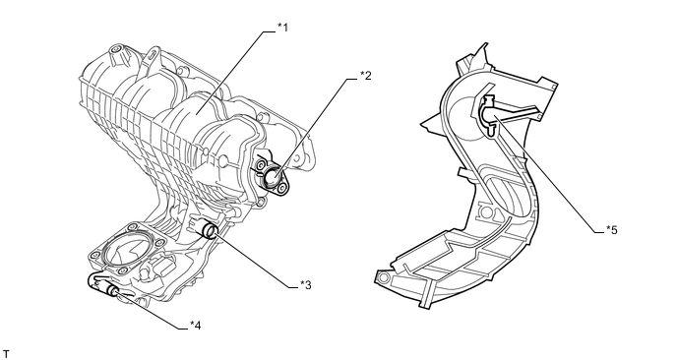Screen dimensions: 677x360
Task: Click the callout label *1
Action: pyautogui.click(x=282, y=28)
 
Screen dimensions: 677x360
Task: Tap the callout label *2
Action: pyautogui.click(x=366, y=76)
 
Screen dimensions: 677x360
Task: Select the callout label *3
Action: pyautogui.click(x=306, y=285)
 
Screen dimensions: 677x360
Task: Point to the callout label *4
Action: pyautogui.click(x=195, y=326)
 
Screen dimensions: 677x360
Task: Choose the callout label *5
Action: pyautogui.click(x=612, y=230)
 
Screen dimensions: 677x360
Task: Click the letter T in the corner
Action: pyautogui.click(x=6, y=354)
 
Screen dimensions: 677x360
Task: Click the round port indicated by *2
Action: pyautogui.click(x=274, y=176)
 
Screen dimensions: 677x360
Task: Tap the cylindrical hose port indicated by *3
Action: pyautogui.click(x=209, y=229)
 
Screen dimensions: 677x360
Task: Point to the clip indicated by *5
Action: pyautogui.click(x=488, y=114)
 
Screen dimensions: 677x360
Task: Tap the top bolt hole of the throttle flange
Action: pyautogui.click(x=131, y=228)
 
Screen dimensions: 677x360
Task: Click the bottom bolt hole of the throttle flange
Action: pyautogui.click(x=123, y=271)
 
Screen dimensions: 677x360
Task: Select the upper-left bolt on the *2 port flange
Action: pyautogui.click(x=262, y=166)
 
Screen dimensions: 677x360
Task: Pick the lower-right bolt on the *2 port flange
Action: pyautogui.click(x=282, y=188)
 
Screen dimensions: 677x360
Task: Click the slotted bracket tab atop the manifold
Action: pyautogui.click(x=152, y=57)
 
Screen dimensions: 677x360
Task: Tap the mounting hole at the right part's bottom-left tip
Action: pyautogui.click(x=383, y=276)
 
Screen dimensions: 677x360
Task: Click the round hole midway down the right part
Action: pyautogui.click(x=486, y=211)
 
